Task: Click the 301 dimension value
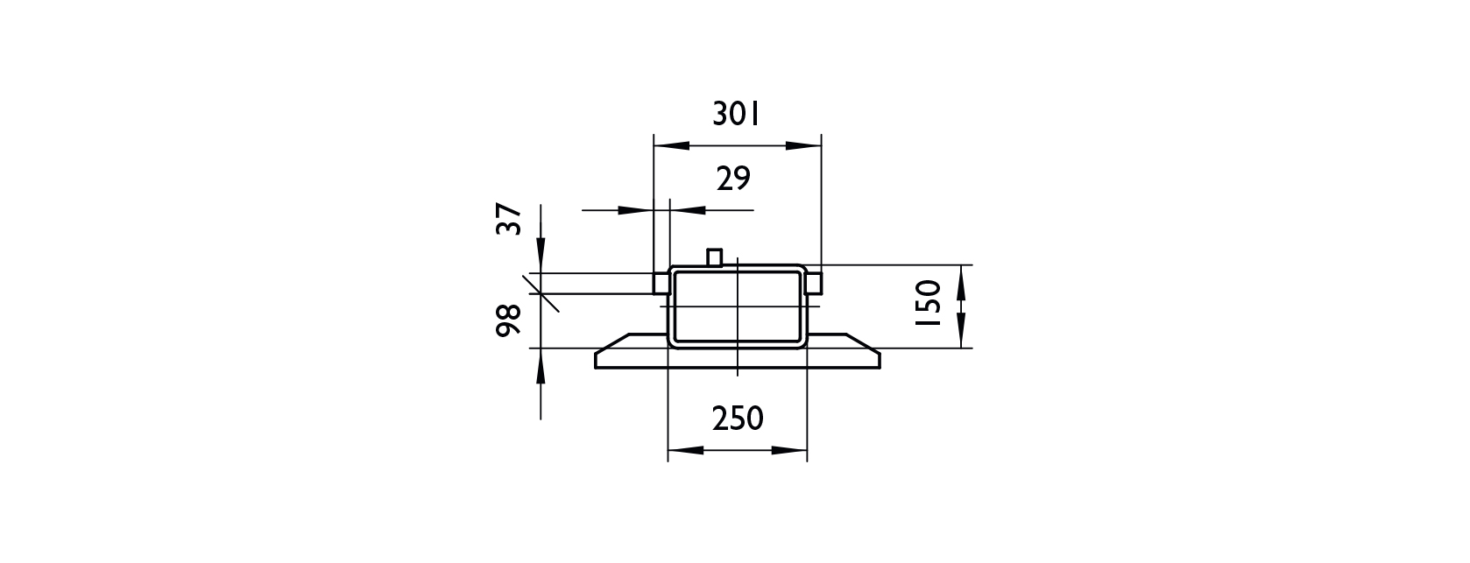click(736, 115)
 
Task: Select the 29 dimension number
click(733, 179)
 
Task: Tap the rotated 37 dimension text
click(509, 219)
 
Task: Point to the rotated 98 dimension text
click(509, 320)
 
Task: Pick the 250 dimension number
click(739, 418)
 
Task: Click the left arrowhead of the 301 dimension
click(671, 145)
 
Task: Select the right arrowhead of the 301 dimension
click(804, 145)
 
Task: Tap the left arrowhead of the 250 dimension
click(686, 450)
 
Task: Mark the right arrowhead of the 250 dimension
click(789, 450)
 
